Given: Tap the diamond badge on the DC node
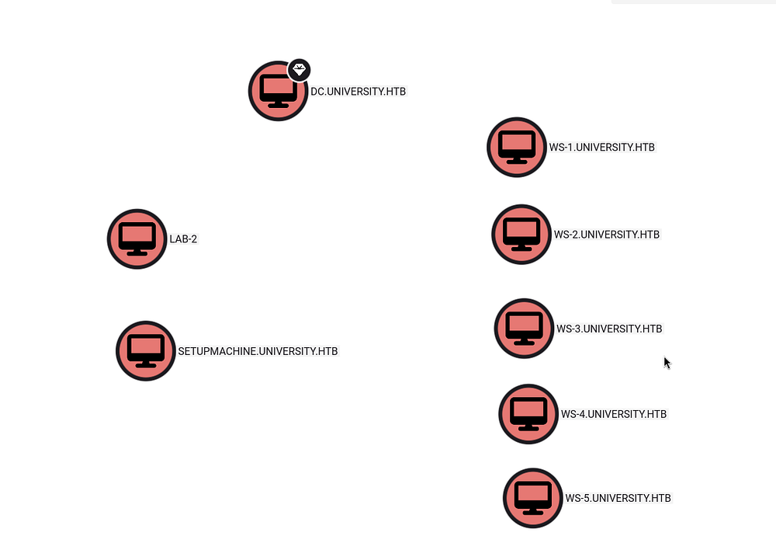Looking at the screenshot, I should (x=300, y=71).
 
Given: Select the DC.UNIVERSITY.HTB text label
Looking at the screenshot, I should (x=358, y=92).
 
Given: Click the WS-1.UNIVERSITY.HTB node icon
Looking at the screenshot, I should (x=517, y=148).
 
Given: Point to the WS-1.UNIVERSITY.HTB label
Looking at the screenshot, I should (x=602, y=148).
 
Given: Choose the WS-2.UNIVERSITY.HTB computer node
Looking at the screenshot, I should (x=521, y=235).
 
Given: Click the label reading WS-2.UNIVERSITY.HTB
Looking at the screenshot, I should (x=607, y=235).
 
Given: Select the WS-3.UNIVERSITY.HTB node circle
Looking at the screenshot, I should (x=524, y=329).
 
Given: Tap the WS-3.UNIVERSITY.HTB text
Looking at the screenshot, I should (x=609, y=329).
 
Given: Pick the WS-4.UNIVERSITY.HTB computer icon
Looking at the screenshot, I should (x=528, y=414).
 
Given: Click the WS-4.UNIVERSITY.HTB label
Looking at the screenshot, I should (x=614, y=414).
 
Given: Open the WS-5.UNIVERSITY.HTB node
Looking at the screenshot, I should (x=533, y=498).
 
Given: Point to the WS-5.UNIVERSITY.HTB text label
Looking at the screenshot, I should (x=618, y=498).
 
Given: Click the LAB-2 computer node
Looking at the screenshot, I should (x=137, y=239).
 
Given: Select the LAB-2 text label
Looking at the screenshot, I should (x=183, y=239).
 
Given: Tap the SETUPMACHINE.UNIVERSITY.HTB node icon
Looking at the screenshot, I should (x=146, y=351).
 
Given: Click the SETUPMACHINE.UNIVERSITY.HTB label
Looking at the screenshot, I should (x=258, y=351).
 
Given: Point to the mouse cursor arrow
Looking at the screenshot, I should (x=667, y=362).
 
